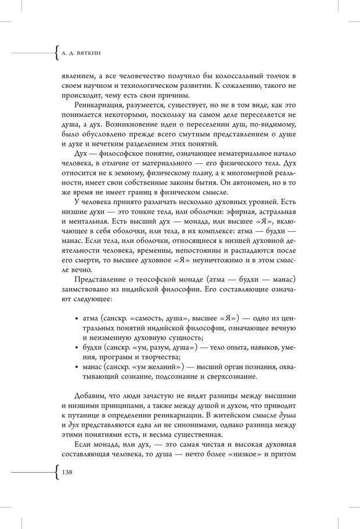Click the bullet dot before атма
point(78,319)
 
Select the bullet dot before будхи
point(78,348)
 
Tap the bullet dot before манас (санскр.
point(78,367)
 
